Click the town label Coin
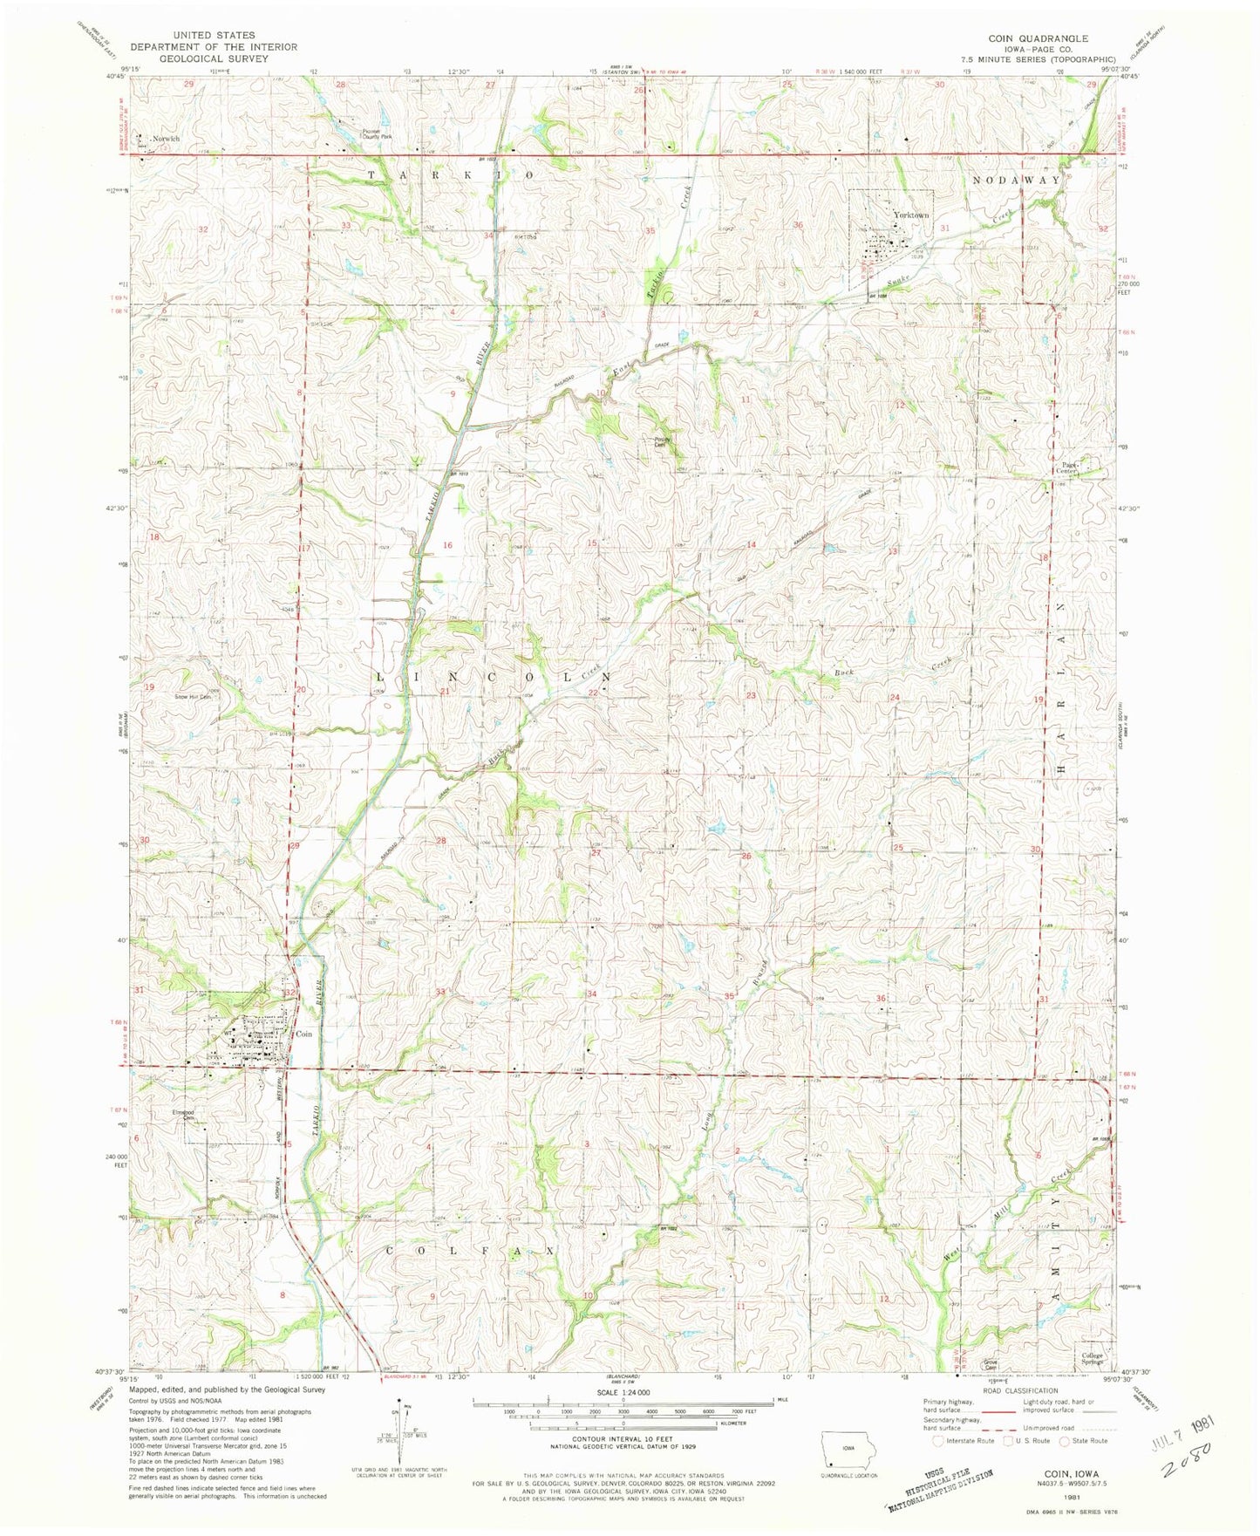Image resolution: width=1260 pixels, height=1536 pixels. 303,1034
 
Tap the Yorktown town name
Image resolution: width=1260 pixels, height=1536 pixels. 910,215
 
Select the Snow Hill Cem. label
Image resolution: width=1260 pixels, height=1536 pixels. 194,697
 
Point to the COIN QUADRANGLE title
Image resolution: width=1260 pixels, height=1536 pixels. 1037,38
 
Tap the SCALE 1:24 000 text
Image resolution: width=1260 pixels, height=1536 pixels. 621,1393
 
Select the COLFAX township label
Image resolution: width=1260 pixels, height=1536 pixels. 469,1250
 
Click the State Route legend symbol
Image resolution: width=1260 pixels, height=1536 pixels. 1071,1440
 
